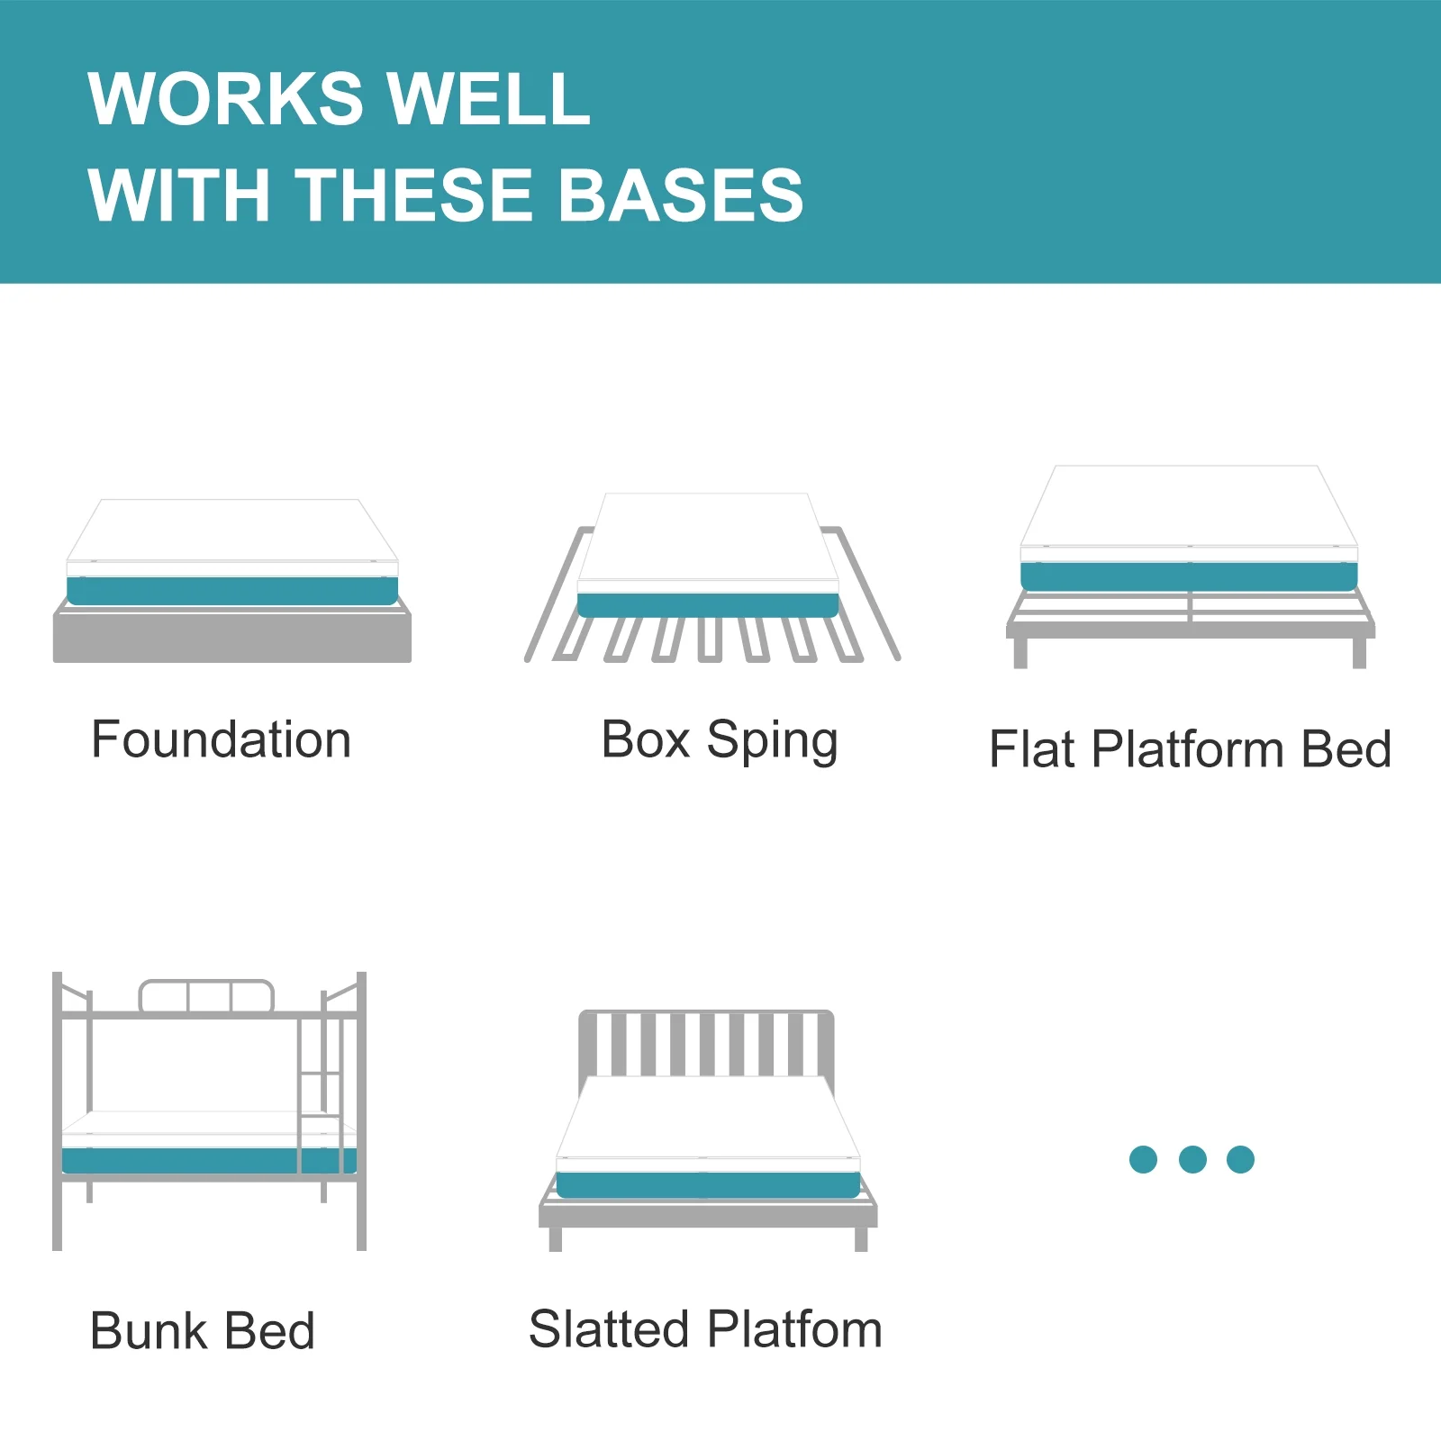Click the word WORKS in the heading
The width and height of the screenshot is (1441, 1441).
point(226,98)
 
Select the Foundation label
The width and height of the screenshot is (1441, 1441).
point(222,739)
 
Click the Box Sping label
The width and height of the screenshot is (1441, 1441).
point(720,741)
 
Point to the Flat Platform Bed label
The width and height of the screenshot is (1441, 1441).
point(1191,748)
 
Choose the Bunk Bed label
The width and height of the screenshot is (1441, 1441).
point(203,1330)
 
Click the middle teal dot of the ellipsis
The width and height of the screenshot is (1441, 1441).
point(1192,1159)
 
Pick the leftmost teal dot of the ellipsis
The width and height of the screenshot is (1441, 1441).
point(1143,1159)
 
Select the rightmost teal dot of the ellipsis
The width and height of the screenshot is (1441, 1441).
point(1240,1159)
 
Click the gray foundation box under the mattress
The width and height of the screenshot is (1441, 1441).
point(232,636)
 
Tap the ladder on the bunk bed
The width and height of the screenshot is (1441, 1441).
point(321,1094)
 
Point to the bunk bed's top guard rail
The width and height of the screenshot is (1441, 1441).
point(206,996)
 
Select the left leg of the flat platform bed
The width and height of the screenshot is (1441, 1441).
point(1020,653)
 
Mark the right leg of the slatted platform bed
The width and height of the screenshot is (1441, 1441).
point(861,1239)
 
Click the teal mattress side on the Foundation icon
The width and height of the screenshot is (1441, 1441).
point(232,591)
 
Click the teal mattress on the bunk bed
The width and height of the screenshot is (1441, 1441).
point(209,1160)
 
